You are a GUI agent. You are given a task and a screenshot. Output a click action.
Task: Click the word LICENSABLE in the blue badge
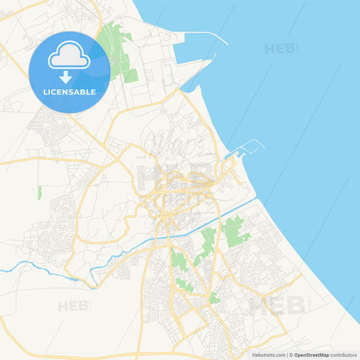click(69, 91)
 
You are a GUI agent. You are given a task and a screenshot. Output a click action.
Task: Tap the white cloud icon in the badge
click(69, 58)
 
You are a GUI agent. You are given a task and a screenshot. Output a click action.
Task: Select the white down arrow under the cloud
click(66, 76)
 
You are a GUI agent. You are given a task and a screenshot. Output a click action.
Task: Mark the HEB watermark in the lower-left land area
click(74, 306)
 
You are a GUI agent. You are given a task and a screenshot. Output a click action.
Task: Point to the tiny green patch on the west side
click(40, 192)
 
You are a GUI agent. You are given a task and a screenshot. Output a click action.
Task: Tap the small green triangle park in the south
click(214, 297)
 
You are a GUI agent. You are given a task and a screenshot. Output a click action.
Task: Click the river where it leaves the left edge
click(3, 271)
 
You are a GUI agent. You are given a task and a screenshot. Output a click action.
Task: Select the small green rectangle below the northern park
click(130, 76)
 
